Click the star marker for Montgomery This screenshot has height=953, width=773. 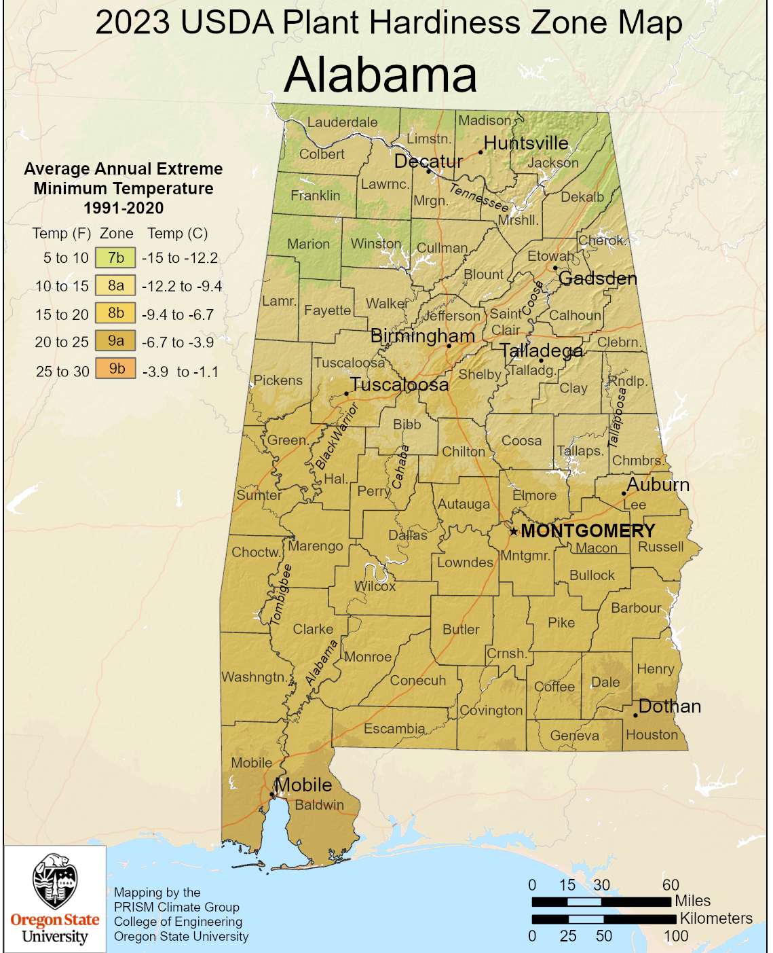(514, 531)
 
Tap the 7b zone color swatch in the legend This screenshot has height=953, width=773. (115, 258)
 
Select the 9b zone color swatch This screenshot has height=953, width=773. (115, 369)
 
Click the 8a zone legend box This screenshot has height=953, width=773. (115, 286)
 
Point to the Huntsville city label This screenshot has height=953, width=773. (526, 143)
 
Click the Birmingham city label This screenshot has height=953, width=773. (422, 336)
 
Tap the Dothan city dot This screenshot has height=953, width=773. (635, 715)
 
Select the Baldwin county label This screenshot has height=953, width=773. (319, 805)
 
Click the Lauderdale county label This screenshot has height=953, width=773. (342, 122)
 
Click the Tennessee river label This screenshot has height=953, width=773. (479, 197)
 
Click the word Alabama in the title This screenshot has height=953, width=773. (380, 75)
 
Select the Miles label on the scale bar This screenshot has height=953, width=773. (692, 901)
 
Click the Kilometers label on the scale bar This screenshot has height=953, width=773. (716, 918)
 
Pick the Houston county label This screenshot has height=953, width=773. (652, 735)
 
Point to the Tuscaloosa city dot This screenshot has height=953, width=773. (346, 393)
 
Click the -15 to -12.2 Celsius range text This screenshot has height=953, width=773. (180, 258)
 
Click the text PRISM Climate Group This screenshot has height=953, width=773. (176, 907)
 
